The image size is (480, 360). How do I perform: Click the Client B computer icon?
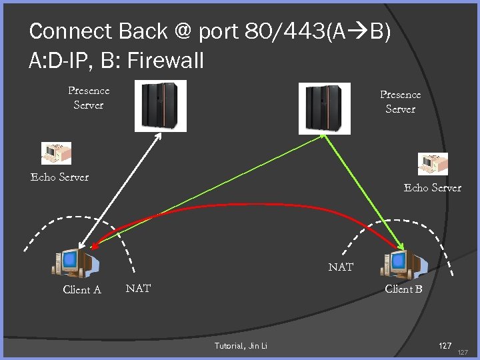pos(402,262)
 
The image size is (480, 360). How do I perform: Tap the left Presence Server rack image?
pos(161,105)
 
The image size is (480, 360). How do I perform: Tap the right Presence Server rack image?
pos(324,108)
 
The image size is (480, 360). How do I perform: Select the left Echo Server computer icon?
pos(55,153)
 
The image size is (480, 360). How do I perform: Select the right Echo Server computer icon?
pos(433,164)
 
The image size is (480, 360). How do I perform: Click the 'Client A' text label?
pos(81,289)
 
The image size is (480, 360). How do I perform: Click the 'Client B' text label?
pos(403,289)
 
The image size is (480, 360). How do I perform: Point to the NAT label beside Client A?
pos(138,288)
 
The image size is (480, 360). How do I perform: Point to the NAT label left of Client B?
pos(341,267)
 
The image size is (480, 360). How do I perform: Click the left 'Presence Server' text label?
pos(89,97)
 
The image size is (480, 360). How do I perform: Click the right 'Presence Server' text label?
pos(400,102)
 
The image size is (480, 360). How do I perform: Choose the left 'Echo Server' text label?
pos(59,177)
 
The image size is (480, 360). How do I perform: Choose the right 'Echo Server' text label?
pos(432,187)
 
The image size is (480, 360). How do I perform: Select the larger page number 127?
pos(445,345)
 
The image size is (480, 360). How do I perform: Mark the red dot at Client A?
pos(95,247)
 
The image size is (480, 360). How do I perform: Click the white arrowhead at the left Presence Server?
pos(159,135)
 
